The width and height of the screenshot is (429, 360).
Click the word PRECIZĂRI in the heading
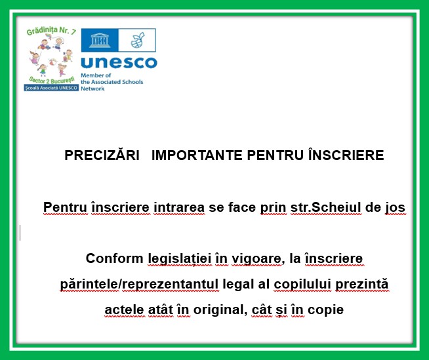(102, 155)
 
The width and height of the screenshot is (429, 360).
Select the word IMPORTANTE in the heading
(197, 155)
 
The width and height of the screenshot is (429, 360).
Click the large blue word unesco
(119, 63)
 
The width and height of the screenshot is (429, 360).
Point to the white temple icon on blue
(100, 40)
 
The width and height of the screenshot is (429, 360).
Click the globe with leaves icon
(137, 40)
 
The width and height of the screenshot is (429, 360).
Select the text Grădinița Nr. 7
(51, 31)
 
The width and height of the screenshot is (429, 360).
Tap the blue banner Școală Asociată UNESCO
(51, 88)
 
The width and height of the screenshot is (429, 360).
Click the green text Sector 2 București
(51, 80)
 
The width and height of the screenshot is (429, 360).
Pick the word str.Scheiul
(326, 207)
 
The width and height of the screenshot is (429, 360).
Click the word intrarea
(179, 207)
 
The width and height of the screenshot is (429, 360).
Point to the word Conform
(115, 258)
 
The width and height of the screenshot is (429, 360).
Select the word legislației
(180, 259)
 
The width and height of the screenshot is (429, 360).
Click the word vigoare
(256, 259)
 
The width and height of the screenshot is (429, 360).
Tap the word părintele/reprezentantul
(139, 284)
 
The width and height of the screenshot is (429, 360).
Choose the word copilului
(302, 284)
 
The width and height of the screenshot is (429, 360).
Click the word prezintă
(361, 284)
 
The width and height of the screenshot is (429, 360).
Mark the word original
(218, 310)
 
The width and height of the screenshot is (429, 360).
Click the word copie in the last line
(325, 310)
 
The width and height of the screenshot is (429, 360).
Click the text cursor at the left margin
(20, 233)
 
